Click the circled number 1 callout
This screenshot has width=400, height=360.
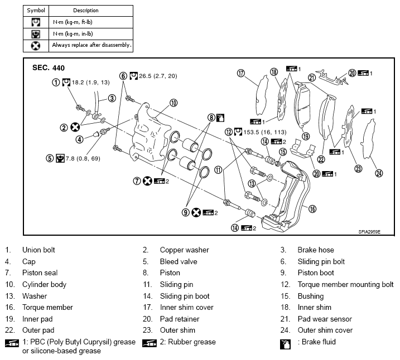(56, 82)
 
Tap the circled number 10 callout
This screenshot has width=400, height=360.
(174, 103)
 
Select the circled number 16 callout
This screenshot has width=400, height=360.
(312, 208)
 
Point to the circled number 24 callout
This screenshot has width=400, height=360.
(379, 173)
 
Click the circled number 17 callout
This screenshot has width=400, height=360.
(241, 74)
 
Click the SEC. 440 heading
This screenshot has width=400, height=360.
(49, 68)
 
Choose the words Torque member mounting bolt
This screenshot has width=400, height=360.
(345, 284)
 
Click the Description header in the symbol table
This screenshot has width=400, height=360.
(86, 11)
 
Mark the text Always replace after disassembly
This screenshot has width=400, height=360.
(91, 45)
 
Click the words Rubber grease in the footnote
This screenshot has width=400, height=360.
(195, 342)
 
